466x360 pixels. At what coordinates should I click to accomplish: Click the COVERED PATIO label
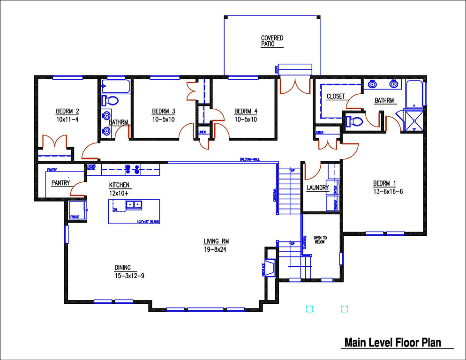(272, 41)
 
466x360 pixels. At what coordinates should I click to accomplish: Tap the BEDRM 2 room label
(68, 112)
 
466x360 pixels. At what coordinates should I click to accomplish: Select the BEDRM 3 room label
(164, 112)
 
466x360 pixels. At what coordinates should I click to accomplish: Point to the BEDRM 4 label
(246, 112)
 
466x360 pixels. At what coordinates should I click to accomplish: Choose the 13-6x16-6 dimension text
(388, 191)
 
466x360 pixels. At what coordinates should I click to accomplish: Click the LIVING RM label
(216, 241)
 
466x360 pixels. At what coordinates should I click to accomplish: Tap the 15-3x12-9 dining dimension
(129, 276)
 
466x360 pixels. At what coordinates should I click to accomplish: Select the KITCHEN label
(119, 185)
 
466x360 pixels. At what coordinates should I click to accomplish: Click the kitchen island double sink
(134, 204)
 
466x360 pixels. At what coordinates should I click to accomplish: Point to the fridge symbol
(75, 210)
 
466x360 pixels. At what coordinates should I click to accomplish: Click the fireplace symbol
(270, 268)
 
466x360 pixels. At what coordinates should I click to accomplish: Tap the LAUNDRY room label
(318, 188)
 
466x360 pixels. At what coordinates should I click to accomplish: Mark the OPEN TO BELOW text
(320, 240)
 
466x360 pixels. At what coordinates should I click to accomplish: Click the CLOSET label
(336, 97)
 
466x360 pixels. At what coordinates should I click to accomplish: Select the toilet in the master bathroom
(354, 121)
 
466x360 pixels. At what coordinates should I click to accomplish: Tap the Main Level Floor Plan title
(392, 343)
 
